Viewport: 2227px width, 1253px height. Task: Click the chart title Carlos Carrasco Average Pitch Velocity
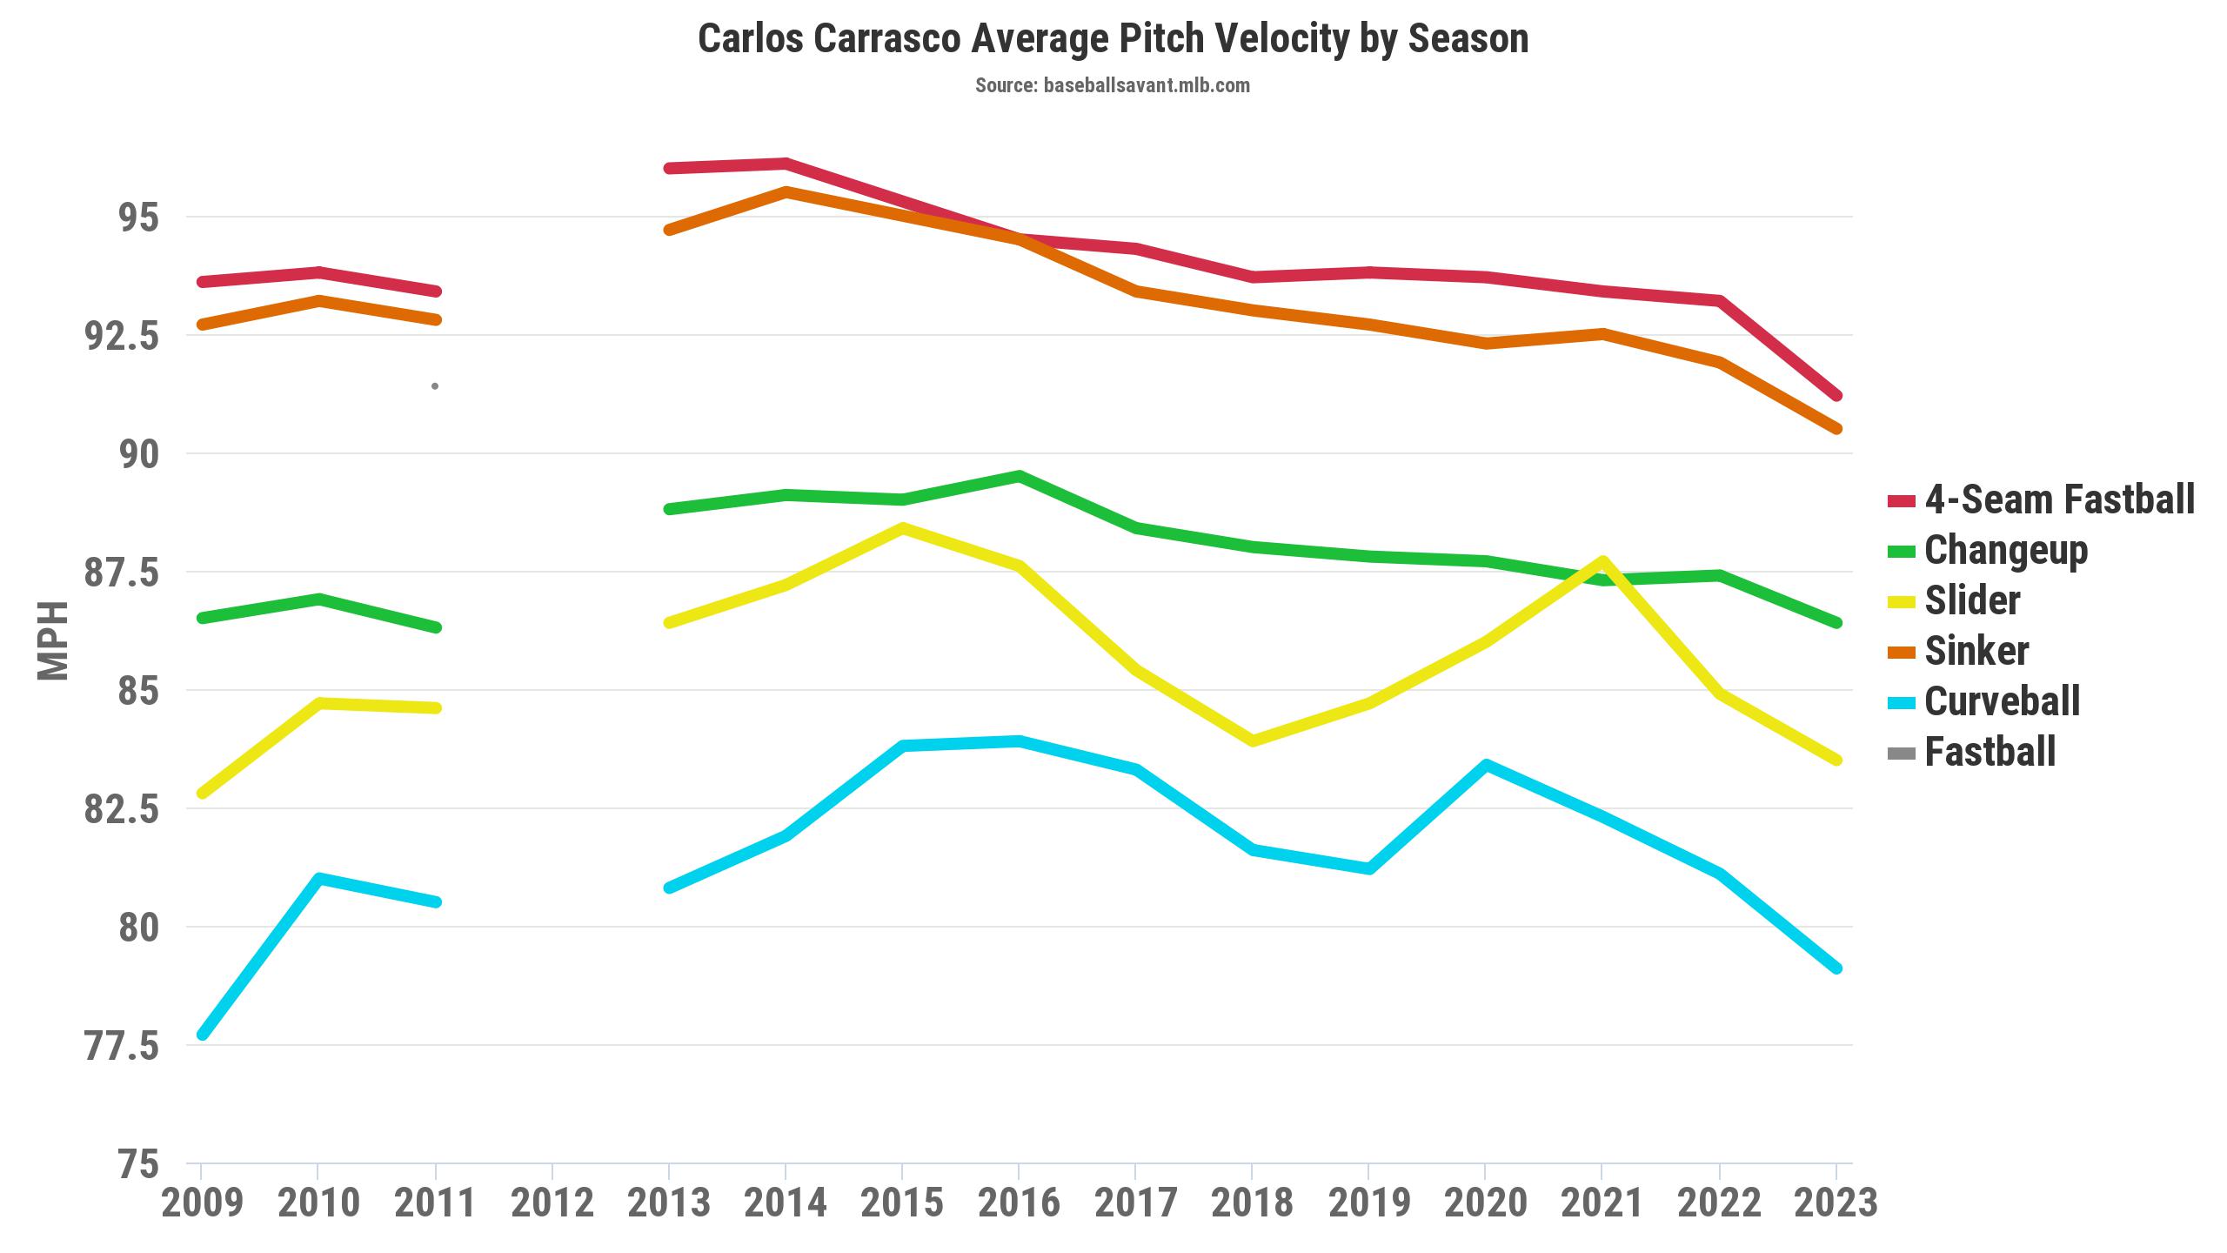click(x=1113, y=39)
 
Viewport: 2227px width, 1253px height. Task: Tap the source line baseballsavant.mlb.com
click(x=1113, y=85)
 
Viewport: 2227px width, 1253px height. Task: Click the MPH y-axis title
click(x=53, y=640)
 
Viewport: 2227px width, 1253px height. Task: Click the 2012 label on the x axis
click(x=552, y=1203)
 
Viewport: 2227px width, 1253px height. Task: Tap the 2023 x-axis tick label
click(x=1836, y=1203)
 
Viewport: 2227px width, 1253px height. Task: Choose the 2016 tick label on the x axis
click(x=1019, y=1203)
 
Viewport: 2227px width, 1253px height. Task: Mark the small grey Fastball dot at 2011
click(x=435, y=385)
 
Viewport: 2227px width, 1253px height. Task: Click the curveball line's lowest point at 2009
click(x=202, y=1035)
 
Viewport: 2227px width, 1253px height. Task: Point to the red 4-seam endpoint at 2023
click(x=1836, y=396)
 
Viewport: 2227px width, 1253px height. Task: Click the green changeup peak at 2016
click(x=1019, y=476)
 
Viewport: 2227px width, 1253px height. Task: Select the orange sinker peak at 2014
click(x=786, y=191)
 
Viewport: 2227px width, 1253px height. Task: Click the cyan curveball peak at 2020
click(x=1486, y=766)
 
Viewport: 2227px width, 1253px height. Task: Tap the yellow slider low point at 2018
click(x=1253, y=740)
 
